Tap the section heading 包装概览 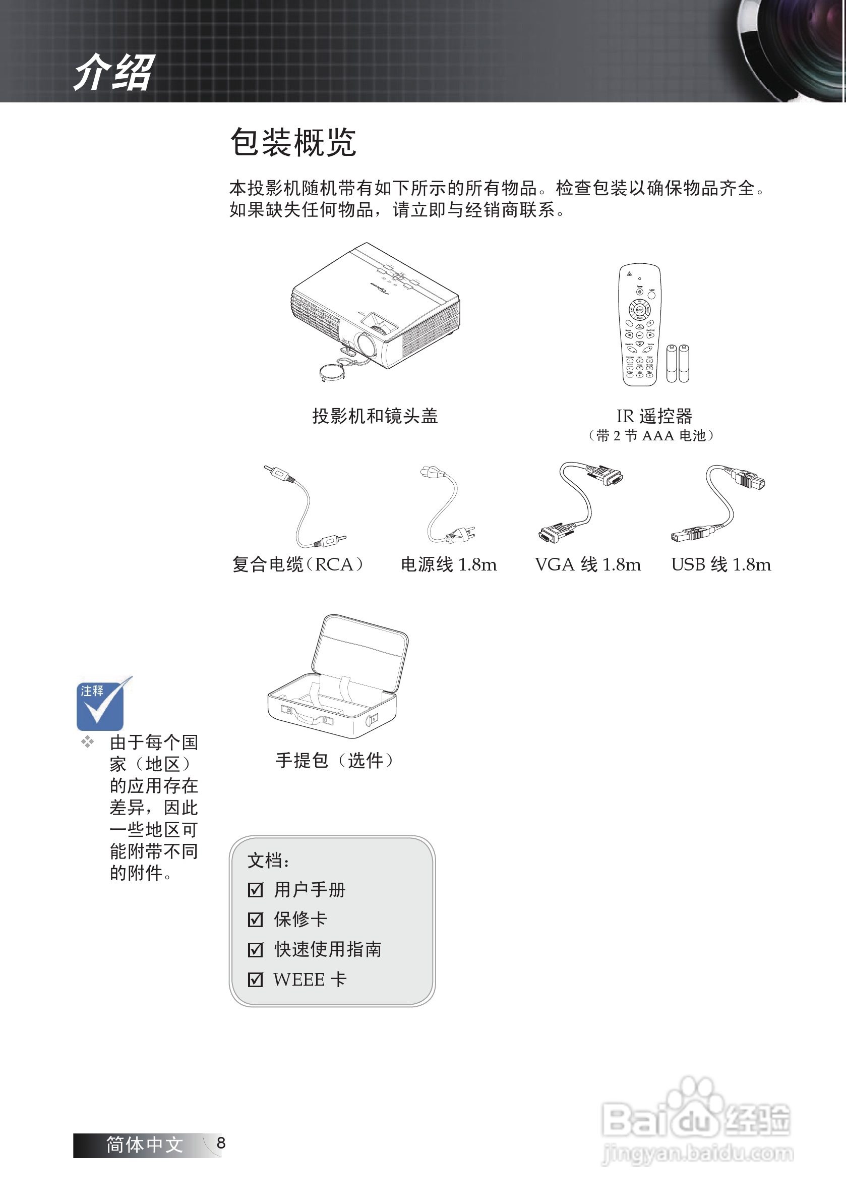pyautogui.click(x=293, y=142)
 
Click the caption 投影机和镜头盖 pyautogui.click(x=375, y=416)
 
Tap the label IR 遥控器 pyautogui.click(x=653, y=416)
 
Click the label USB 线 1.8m pyautogui.click(x=720, y=565)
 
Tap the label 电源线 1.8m pyautogui.click(x=449, y=565)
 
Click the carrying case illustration pyautogui.click(x=338, y=677)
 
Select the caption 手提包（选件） pyautogui.click(x=335, y=761)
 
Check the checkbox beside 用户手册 pyautogui.click(x=255, y=890)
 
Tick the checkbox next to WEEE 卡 pyautogui.click(x=255, y=980)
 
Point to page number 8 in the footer pyautogui.click(x=221, y=1143)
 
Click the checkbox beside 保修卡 pyautogui.click(x=255, y=920)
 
